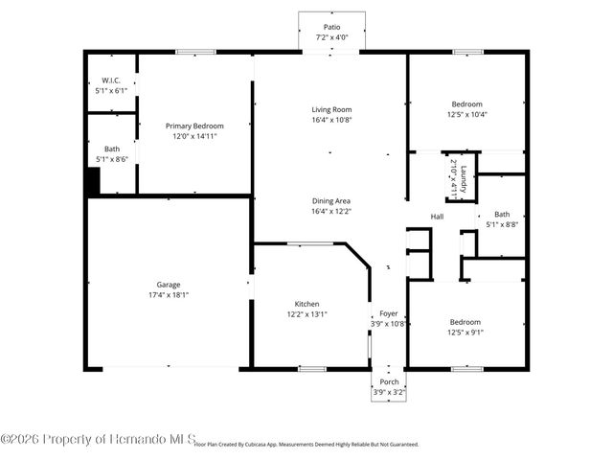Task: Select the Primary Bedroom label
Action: point(194,126)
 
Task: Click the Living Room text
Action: point(330,109)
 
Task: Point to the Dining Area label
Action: point(330,200)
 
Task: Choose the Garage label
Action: point(169,284)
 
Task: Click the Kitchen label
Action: point(306,304)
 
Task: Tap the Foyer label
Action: point(388,312)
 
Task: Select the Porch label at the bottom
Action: point(388,381)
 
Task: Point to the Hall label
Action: point(437,217)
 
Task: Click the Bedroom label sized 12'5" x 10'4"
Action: point(466,103)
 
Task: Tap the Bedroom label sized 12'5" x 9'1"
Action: point(466,322)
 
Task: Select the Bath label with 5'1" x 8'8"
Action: point(502,214)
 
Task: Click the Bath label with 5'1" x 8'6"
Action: point(112,149)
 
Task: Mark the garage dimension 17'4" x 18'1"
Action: point(169,294)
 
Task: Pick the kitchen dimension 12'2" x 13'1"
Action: point(306,314)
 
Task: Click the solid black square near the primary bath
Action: point(92,181)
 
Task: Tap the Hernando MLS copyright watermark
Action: point(97,439)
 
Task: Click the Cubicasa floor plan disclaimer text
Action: point(306,444)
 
